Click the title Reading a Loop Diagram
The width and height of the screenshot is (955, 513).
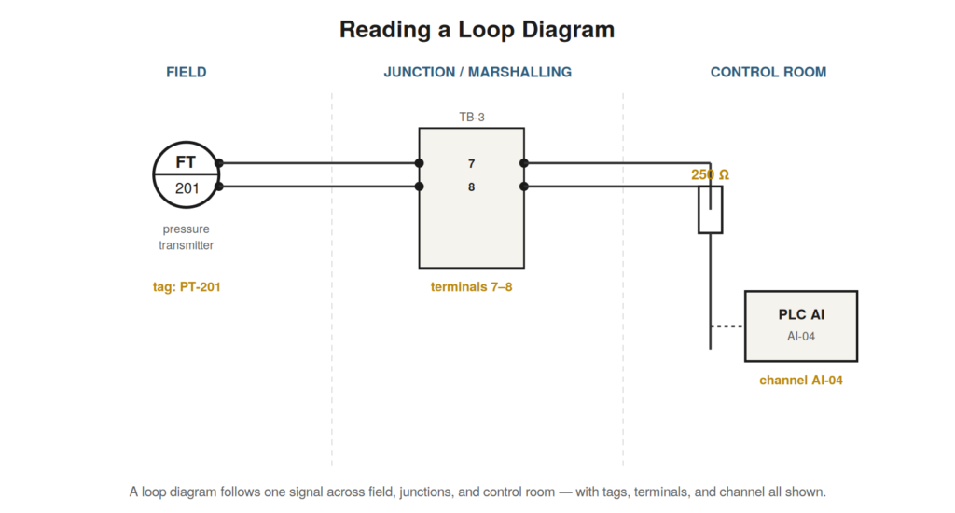(x=477, y=29)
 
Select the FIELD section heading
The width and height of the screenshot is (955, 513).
(x=187, y=72)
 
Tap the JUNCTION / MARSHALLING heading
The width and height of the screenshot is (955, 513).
(x=477, y=72)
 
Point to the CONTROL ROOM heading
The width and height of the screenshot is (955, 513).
(x=768, y=72)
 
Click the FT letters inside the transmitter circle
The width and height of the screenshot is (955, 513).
(x=186, y=162)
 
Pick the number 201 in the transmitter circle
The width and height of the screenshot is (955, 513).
(x=187, y=188)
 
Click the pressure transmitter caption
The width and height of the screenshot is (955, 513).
(x=187, y=237)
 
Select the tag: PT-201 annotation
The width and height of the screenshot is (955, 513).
(x=187, y=287)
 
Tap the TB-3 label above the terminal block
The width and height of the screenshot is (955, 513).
(x=471, y=117)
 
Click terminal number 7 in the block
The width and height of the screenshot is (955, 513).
(x=471, y=164)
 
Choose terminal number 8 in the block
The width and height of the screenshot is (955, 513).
(x=471, y=187)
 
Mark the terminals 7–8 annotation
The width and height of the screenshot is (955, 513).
(x=471, y=287)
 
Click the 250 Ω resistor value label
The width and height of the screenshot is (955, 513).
(x=710, y=174)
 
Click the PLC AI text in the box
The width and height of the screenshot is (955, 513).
(x=801, y=314)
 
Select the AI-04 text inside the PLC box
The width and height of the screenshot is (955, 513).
(x=801, y=337)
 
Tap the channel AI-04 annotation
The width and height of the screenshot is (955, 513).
(x=801, y=381)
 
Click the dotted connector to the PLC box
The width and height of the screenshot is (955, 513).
(x=727, y=326)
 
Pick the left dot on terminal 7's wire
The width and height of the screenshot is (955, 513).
(x=419, y=163)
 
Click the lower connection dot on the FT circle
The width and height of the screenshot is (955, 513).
(x=219, y=187)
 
